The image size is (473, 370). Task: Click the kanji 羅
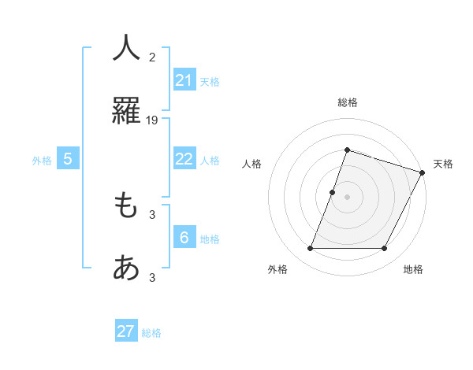coord(126,111)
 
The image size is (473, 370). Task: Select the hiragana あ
coord(126,269)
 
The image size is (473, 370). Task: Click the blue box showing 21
coord(184,80)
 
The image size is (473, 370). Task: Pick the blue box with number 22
coord(184,159)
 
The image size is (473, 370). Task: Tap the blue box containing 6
coord(184,238)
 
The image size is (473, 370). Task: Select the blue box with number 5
coord(68,159)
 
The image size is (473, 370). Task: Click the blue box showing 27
coord(126,331)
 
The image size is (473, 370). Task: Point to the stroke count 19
coord(152,120)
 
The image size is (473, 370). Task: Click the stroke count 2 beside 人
coord(152,57)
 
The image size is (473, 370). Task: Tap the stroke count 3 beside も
coord(152,214)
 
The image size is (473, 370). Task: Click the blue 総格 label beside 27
coord(151,333)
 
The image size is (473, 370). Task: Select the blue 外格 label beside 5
coord(42,161)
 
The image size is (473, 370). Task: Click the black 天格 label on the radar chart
coord(443,164)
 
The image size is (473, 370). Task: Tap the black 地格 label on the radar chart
coord(413,269)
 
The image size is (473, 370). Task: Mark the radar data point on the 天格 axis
coord(423,172)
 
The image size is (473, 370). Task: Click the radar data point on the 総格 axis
coord(347,150)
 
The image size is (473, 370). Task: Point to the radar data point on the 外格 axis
coord(310,249)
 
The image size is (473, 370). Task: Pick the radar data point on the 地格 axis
coord(385,249)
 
